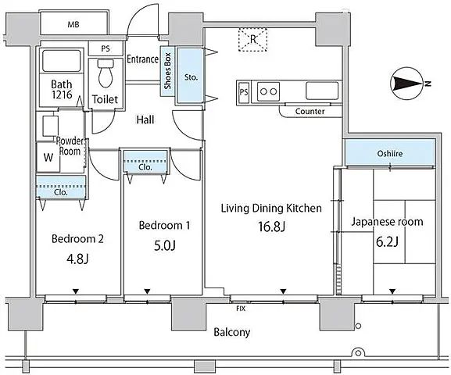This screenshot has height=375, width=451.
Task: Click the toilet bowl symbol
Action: pyautogui.click(x=106, y=73)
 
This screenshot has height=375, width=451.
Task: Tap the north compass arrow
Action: pyautogui.click(x=406, y=84)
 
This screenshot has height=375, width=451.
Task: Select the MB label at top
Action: pyautogui.click(x=73, y=25)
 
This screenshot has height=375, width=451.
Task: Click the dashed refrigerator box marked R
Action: pyautogui.click(x=252, y=40)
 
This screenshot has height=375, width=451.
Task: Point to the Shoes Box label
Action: pyautogui.click(x=167, y=71)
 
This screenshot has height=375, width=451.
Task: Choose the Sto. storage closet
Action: pyautogui.click(x=191, y=75)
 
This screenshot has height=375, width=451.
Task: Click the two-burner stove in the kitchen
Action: pyautogui.click(x=268, y=91)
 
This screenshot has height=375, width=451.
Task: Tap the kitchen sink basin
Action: pyautogui.click(x=322, y=91)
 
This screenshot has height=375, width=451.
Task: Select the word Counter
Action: pyautogui.click(x=310, y=111)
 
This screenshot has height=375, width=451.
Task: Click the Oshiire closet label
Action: pyautogui.click(x=390, y=154)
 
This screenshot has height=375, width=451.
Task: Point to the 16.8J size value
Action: pyautogui.click(x=271, y=227)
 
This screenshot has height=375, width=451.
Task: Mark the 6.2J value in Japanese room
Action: pyautogui.click(x=387, y=242)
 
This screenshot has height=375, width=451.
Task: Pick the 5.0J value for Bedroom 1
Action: pyautogui.click(x=165, y=246)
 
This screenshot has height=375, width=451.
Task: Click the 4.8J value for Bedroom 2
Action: pyautogui.click(x=77, y=259)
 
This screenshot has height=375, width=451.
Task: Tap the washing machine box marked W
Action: pyautogui.click(x=48, y=157)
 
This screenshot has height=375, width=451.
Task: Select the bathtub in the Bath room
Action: pyautogui.click(x=61, y=61)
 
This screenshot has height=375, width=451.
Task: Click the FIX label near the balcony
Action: pyautogui.click(x=241, y=309)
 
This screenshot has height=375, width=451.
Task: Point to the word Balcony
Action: pyautogui.click(x=232, y=333)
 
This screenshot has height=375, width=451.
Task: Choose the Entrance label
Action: pyautogui.click(x=143, y=59)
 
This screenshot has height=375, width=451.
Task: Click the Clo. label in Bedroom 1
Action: pyautogui.click(x=145, y=167)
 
